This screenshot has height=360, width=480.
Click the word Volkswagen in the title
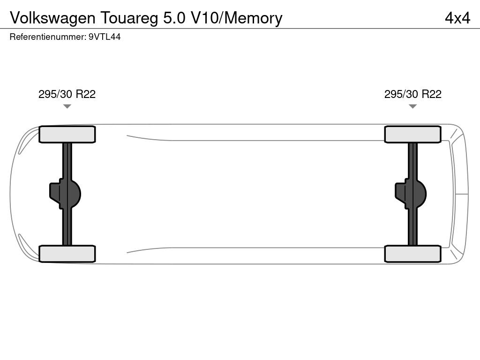[x=53, y=18]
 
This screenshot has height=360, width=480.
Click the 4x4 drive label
[x=457, y=18]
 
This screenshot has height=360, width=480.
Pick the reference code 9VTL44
[x=105, y=37]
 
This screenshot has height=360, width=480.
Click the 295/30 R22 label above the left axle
[x=67, y=94]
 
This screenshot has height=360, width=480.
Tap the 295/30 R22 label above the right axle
[x=412, y=94]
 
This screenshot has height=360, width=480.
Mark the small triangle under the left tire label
[x=67, y=106]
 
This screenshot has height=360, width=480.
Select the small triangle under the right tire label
[x=412, y=106]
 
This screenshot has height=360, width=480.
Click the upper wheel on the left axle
[x=67, y=135]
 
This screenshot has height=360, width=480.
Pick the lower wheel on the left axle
[x=67, y=254]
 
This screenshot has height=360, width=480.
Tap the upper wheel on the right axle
[x=412, y=135]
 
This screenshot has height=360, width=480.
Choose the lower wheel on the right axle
[x=412, y=254]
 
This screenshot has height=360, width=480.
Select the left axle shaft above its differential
[x=67, y=159]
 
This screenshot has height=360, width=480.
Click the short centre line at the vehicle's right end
[x=461, y=194]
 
